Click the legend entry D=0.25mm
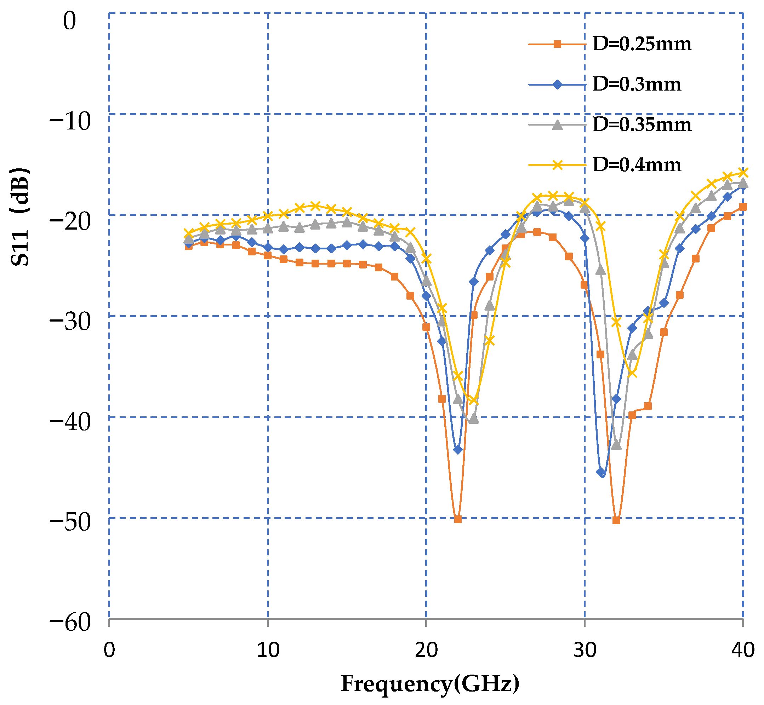point(642,44)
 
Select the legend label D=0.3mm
point(637,84)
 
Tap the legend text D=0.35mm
point(642,125)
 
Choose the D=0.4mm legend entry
point(637,165)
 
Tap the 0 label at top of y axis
point(70,21)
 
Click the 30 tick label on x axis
point(584,649)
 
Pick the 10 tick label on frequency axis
point(268,649)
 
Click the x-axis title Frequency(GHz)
point(430,684)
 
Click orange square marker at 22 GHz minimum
point(458,519)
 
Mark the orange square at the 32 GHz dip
point(616,520)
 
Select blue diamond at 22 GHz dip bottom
point(458,450)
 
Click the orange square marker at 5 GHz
point(189,247)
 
